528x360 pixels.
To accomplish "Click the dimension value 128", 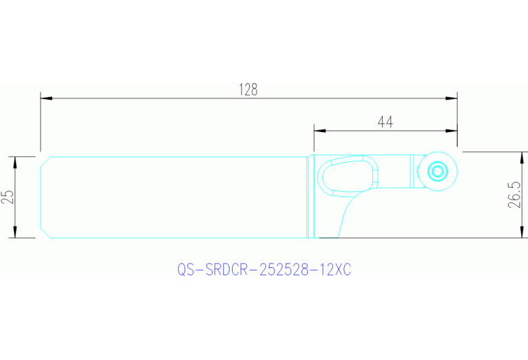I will tap(248, 89).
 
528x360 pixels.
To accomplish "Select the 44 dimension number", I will tap(386, 122).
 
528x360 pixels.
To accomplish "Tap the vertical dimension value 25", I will tap(8, 197).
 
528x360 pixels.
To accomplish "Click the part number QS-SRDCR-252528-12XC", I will tap(264, 271).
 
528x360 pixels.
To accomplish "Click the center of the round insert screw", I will tap(436, 170).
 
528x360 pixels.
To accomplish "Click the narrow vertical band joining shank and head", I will tap(310, 197).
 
